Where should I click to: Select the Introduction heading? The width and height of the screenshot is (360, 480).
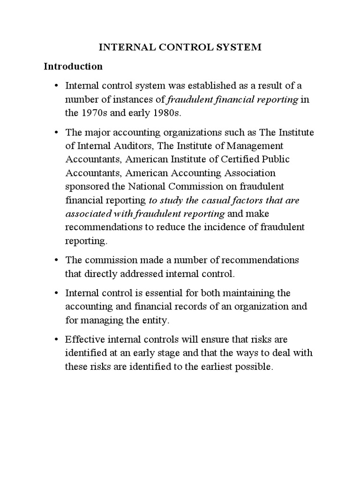point(73,66)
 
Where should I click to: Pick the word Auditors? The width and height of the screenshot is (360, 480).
point(128,146)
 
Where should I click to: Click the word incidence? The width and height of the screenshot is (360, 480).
point(219,227)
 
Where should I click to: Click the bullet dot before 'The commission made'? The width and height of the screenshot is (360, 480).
point(56,260)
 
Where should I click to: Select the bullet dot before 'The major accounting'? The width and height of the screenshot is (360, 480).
point(56,133)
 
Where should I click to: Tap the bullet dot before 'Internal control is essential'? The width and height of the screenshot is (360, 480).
point(56,293)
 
